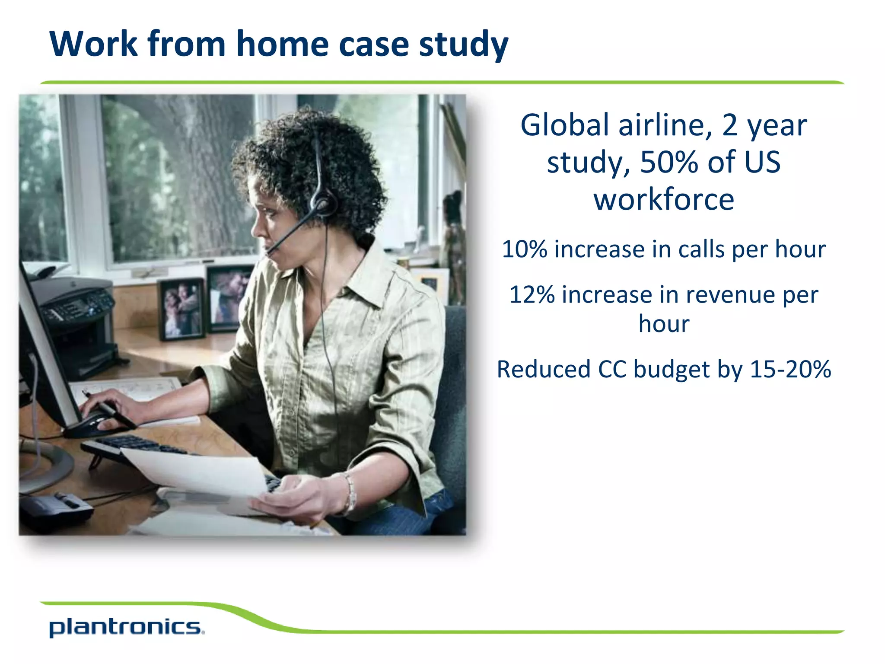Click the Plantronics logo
tap(126, 628)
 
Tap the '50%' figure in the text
tap(669, 163)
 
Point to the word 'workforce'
tap(664, 200)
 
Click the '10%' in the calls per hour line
tap(524, 249)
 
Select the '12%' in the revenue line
tap(532, 295)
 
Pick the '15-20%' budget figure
tap(790, 370)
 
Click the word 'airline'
tap(665, 125)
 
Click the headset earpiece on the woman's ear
tap(322, 203)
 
